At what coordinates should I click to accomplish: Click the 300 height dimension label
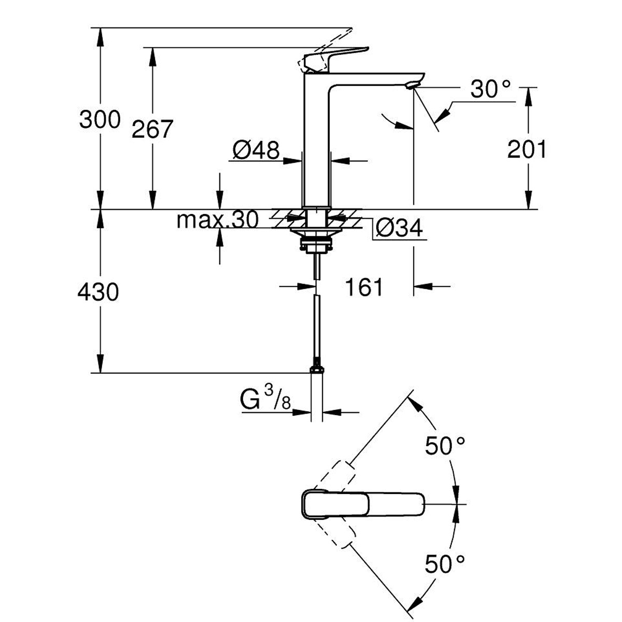[x=100, y=119]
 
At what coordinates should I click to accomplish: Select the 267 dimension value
[x=152, y=129]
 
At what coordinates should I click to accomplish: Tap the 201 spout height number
[x=527, y=149]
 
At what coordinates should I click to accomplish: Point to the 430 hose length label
[x=98, y=292]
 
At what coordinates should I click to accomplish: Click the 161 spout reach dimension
[x=364, y=287]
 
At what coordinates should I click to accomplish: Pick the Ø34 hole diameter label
[x=399, y=228]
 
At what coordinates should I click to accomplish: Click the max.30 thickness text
[x=218, y=219]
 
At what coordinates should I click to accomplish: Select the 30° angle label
[x=491, y=89]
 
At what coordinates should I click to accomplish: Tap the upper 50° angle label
[x=445, y=446]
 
